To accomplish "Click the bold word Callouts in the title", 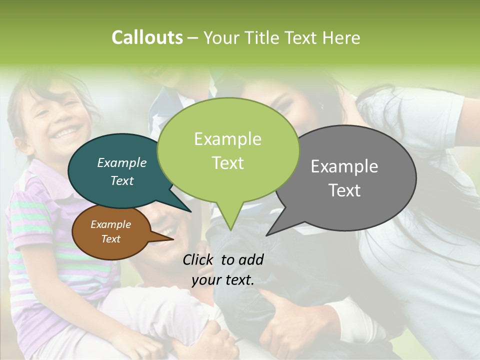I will pyautogui.click(x=147, y=37).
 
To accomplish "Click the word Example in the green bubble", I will pyautogui.click(x=227, y=139).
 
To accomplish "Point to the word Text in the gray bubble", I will pyautogui.click(x=344, y=190).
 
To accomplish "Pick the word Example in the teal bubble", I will pyautogui.click(x=122, y=163).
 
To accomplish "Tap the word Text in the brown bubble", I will pyautogui.click(x=111, y=239).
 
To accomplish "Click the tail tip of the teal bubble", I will pyautogui.click(x=190, y=211).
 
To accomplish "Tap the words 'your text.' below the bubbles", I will pyautogui.click(x=223, y=280).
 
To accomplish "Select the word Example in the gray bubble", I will pyautogui.click(x=344, y=166).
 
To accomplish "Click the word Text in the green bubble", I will pyautogui.click(x=227, y=163).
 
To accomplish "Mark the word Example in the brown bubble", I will pyautogui.click(x=111, y=225).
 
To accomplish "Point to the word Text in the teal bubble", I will pyautogui.click(x=122, y=181).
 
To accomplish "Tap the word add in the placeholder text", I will pyautogui.click(x=251, y=259).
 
